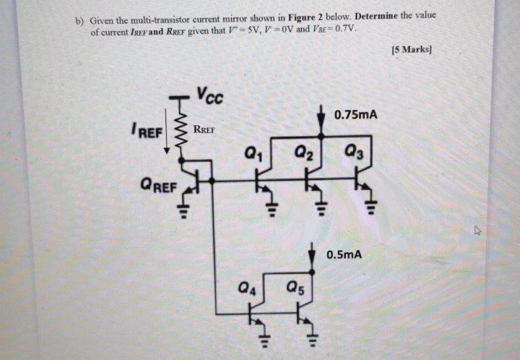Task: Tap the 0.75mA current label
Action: tap(355, 115)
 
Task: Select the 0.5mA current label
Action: tap(343, 255)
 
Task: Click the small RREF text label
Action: tap(205, 132)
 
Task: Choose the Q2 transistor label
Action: tap(303, 153)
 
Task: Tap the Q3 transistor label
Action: tap(355, 153)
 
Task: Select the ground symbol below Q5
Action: tap(313, 339)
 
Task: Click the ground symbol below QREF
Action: tap(183, 211)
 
